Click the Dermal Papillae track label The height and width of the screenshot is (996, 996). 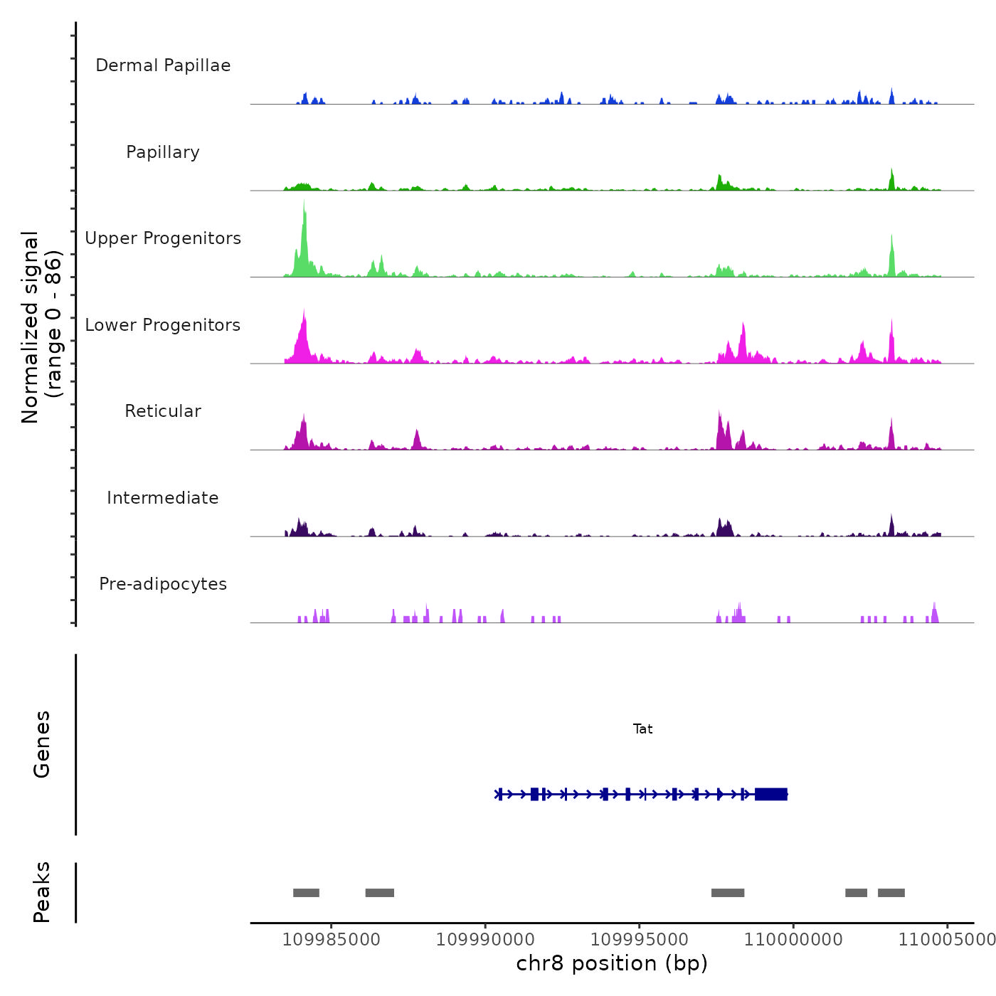163,65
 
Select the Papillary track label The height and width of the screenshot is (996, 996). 163,152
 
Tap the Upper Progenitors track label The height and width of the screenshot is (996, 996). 163,238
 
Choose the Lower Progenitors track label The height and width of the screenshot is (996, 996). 163,325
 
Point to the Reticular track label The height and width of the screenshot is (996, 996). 163,411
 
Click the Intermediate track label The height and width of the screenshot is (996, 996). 163,498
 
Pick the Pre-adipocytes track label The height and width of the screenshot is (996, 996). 163,584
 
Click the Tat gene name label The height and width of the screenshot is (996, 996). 642,729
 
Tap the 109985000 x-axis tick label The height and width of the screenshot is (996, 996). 332,940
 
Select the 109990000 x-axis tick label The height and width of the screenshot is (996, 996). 485,940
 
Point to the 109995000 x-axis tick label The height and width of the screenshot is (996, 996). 640,940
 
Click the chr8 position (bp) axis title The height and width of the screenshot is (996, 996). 612,964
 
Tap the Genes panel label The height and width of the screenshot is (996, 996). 42,744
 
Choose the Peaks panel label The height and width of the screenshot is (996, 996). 42,892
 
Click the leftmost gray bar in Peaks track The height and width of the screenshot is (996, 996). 306,893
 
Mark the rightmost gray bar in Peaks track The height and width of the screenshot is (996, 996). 891,893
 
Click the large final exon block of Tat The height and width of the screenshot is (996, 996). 771,794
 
